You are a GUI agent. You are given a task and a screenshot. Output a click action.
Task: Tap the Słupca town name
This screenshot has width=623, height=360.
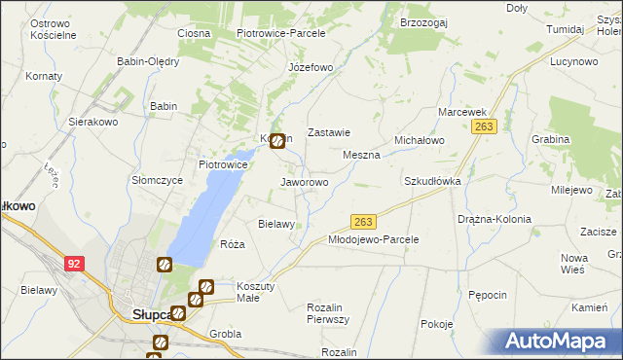[x=151, y=314]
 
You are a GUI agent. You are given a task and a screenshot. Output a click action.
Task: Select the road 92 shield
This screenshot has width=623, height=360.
[x=74, y=263]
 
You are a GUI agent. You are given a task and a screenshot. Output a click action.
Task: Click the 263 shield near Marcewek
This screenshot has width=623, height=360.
[x=486, y=126]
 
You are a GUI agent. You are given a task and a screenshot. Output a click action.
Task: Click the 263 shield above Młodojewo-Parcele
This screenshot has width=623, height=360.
[x=362, y=222]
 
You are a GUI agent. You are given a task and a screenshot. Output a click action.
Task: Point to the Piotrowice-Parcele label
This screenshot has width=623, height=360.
[x=280, y=32]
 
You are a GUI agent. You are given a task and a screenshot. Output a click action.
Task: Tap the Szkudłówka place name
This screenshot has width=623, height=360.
[x=431, y=181]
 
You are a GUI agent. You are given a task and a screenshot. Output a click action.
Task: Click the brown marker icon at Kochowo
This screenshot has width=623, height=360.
[x=277, y=141]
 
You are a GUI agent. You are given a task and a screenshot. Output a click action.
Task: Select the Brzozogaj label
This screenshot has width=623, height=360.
[x=422, y=21]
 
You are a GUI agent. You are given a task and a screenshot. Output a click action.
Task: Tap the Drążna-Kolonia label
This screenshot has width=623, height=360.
[x=495, y=219]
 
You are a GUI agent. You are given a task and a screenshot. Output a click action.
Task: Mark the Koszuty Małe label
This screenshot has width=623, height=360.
[x=257, y=292]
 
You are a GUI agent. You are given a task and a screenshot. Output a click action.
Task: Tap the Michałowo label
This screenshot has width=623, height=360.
[x=419, y=140]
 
